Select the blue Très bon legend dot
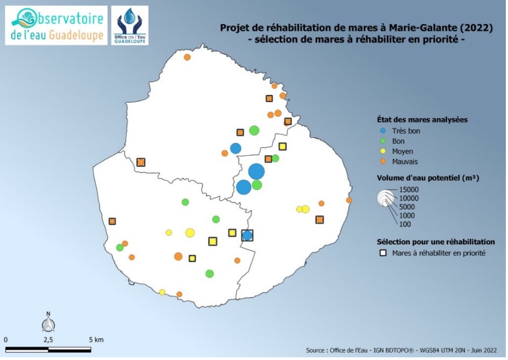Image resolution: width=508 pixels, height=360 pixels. pyautogui.click(x=383, y=131)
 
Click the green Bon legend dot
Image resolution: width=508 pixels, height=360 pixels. pyautogui.click(x=383, y=141)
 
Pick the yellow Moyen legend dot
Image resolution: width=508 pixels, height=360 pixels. pyautogui.click(x=383, y=151)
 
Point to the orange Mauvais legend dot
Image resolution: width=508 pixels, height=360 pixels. pyautogui.click(x=383, y=161)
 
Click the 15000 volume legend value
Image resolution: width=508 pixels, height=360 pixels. pyautogui.click(x=408, y=190)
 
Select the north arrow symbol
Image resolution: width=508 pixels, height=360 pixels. pyautogui.click(x=48, y=322)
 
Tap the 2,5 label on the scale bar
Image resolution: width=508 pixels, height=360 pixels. pyautogui.click(x=48, y=340)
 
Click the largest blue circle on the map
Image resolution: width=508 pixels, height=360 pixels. pyautogui.click(x=257, y=172)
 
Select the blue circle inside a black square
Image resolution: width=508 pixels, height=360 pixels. pyautogui.click(x=247, y=235)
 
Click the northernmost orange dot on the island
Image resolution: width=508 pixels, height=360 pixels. pyautogui.click(x=187, y=57)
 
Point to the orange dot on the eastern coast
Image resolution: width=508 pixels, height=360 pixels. pyautogui.click(x=349, y=200)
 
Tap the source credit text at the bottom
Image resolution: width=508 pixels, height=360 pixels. pyautogui.click(x=401, y=350)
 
